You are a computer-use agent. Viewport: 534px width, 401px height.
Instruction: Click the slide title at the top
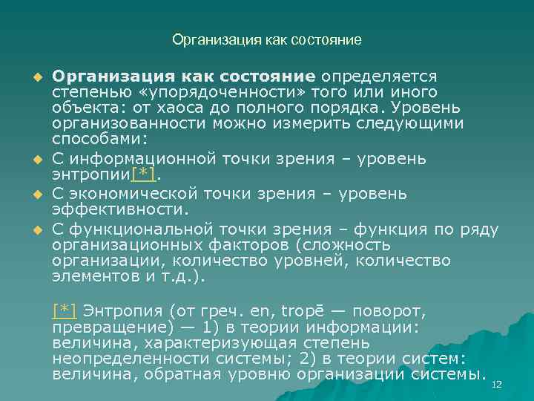point(267,39)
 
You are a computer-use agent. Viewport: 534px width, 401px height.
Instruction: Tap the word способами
point(96,139)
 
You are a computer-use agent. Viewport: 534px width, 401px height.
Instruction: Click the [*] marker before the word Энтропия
point(65,310)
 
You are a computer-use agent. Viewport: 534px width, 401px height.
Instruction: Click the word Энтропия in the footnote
point(119,310)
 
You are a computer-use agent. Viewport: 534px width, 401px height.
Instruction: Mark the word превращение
point(105,327)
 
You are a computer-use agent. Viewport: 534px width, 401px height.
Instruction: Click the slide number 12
point(497,385)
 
